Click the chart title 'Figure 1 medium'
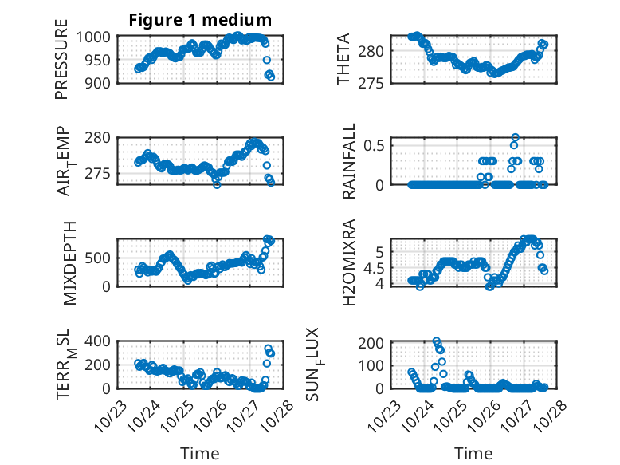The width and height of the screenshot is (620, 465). [200, 19]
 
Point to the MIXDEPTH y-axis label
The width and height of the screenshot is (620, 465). [69, 262]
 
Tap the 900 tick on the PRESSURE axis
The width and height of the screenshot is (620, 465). [101, 82]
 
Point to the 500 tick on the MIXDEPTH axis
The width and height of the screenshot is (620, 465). [101, 258]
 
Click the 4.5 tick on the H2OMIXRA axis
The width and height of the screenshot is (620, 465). [377, 267]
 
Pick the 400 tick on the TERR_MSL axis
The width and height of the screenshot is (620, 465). [101, 341]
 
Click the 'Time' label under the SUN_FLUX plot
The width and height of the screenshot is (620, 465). [473, 454]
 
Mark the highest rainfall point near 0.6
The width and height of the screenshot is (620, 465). [515, 137]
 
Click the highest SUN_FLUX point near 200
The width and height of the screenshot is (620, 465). [437, 341]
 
